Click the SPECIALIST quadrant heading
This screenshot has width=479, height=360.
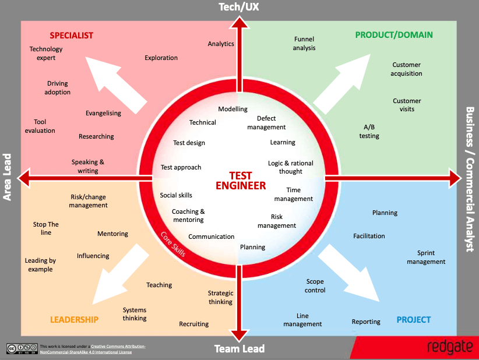72,36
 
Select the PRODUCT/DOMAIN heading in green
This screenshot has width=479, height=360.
394,35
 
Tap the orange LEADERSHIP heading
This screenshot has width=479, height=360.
74,320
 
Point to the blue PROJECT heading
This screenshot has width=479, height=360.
414,320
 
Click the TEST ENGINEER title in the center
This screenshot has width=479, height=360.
241,181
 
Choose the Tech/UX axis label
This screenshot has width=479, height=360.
239,7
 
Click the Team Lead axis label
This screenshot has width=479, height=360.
239,349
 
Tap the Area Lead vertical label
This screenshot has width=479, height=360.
7,177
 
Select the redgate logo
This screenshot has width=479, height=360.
450,347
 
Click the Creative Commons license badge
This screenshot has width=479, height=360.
22,348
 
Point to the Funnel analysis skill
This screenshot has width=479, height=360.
304,43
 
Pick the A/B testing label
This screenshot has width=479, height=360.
369,131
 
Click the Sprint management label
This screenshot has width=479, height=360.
426,257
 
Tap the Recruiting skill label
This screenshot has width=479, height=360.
193,324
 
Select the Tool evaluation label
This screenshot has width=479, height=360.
40,126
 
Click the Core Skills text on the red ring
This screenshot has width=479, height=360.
173,244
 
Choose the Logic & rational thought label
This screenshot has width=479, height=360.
291,167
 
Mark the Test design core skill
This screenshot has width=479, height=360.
189,143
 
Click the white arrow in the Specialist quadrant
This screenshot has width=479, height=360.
115,85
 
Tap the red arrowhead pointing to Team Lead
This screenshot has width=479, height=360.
239,336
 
